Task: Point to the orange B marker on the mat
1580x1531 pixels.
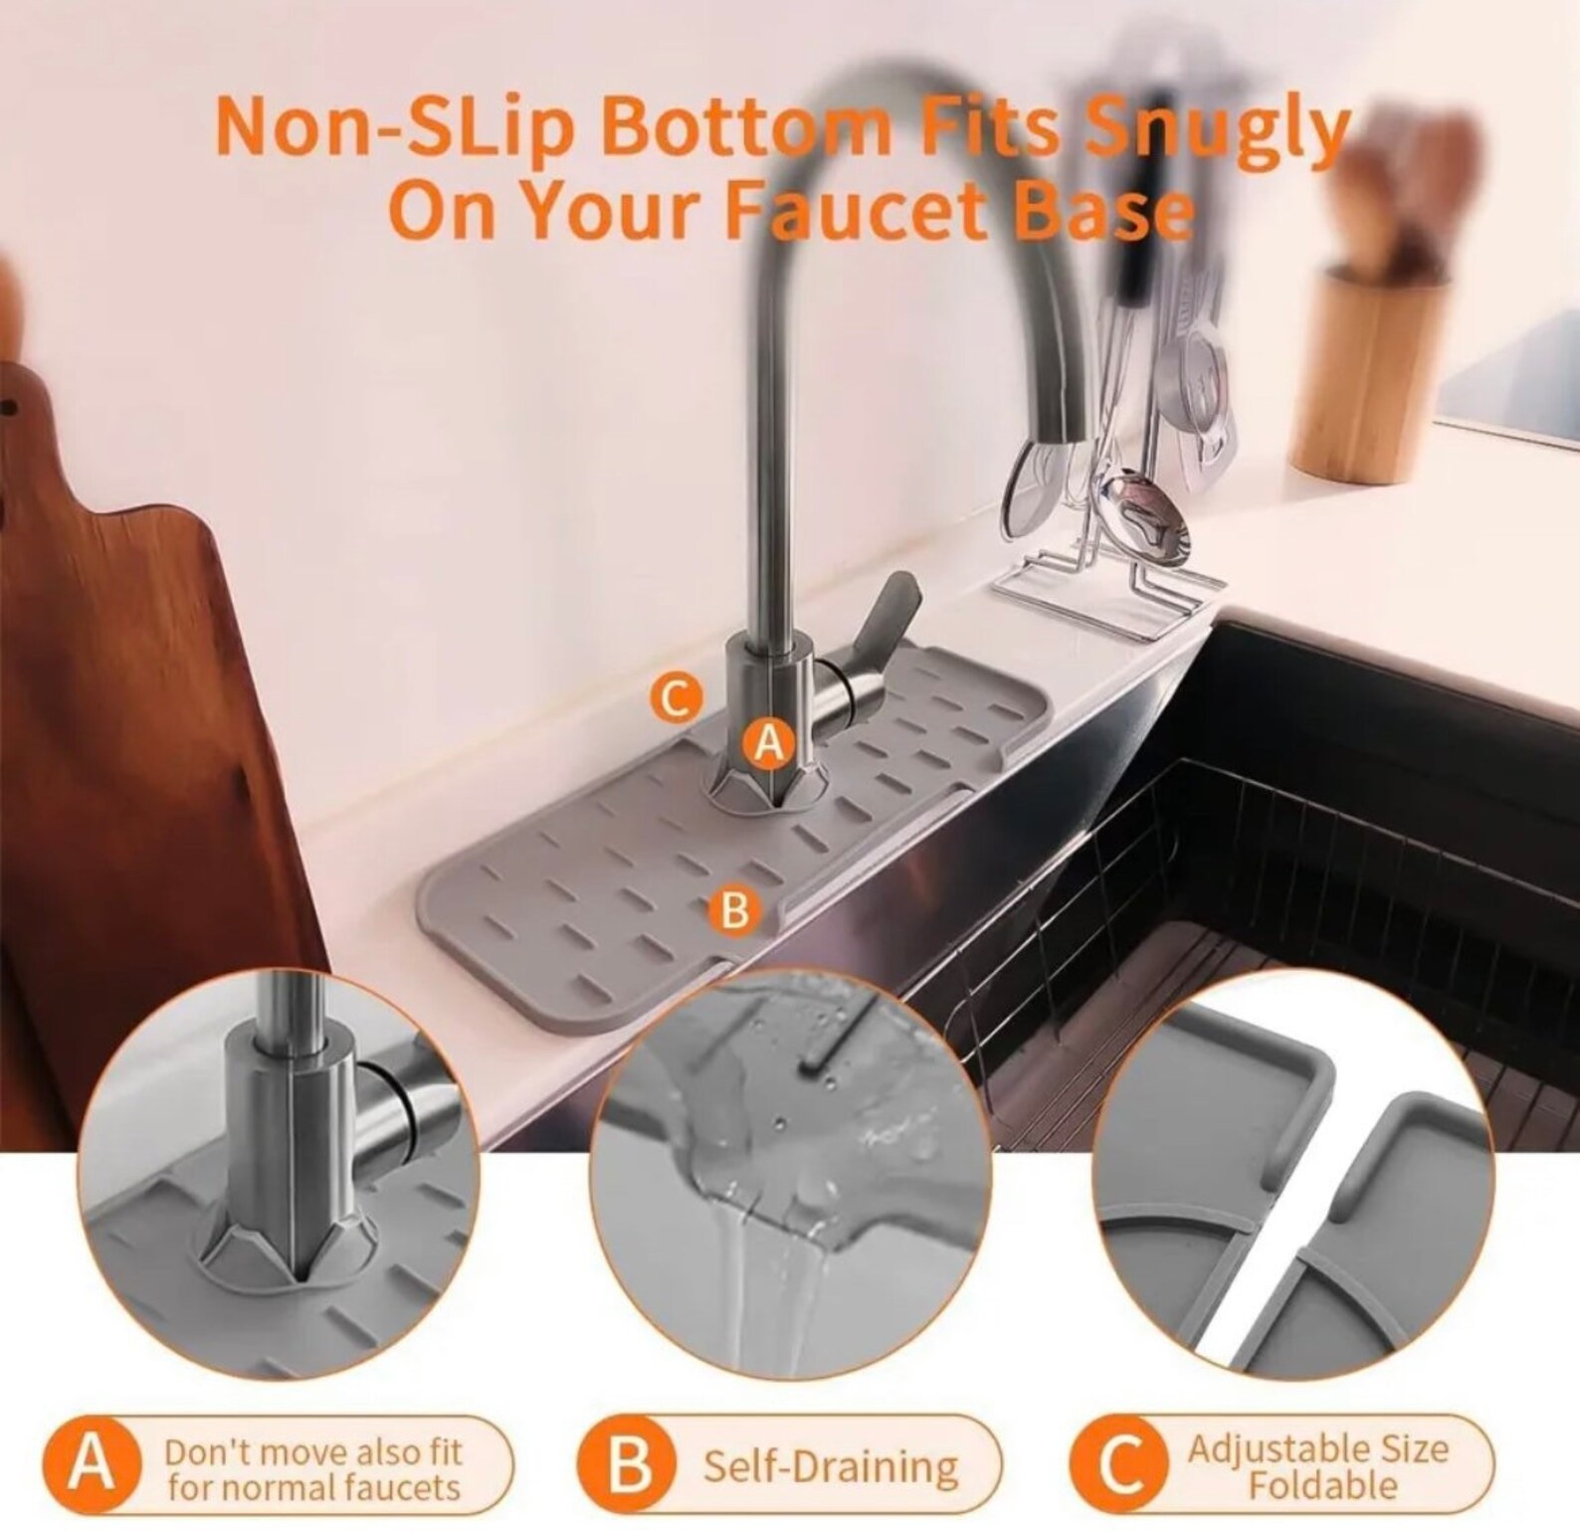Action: (734, 909)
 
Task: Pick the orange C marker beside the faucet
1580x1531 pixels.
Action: (677, 699)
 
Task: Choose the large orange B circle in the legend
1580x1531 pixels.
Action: (629, 1466)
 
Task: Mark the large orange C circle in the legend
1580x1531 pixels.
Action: (1121, 1466)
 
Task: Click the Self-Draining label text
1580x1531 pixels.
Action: (831, 1466)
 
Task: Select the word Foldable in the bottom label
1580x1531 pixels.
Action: (1322, 1486)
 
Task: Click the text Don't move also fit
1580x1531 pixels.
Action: (313, 1450)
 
